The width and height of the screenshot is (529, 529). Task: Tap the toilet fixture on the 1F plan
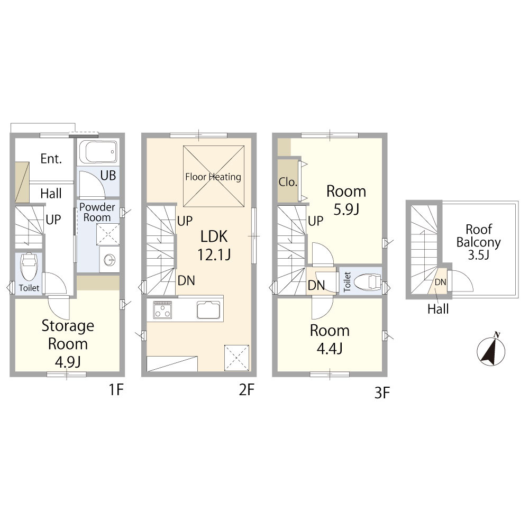29,266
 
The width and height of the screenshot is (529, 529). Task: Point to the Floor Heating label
213,177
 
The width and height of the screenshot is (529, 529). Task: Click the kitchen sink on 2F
208,309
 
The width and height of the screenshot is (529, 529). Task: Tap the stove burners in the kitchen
162,309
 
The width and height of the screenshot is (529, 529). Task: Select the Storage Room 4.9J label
68,343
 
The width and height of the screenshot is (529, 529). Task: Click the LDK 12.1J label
214,245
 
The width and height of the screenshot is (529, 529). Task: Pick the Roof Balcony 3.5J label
478,242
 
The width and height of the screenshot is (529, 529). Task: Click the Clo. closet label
288,182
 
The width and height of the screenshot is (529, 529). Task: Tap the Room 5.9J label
346,200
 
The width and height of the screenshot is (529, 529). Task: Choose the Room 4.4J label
330,340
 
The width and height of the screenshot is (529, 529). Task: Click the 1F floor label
116,390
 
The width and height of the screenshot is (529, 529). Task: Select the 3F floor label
382,393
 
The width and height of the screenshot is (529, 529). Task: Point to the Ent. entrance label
51,159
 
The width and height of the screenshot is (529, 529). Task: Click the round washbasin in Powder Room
110,260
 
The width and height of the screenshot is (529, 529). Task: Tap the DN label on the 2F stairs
186,280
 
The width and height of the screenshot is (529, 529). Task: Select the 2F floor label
247,390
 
